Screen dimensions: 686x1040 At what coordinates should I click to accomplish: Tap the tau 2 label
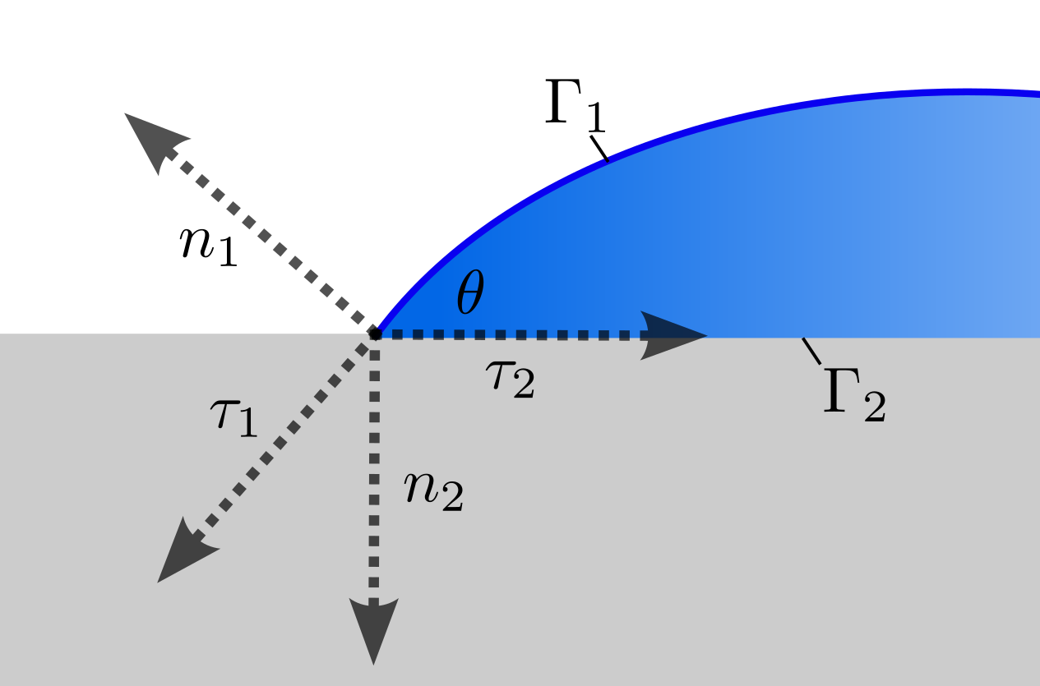[x=510, y=379]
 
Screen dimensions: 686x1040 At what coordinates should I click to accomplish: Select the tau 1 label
[x=234, y=417]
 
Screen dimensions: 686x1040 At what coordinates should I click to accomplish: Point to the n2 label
[x=433, y=491]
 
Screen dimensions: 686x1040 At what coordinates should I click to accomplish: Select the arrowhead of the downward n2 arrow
[x=374, y=628]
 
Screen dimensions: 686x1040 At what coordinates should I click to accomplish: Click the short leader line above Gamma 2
[x=811, y=351]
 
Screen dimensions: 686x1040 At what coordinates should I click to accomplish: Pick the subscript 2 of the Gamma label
[x=874, y=408]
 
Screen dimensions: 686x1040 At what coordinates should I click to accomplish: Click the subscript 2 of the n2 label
[x=451, y=500]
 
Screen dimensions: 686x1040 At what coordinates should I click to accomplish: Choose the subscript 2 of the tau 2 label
[x=523, y=386]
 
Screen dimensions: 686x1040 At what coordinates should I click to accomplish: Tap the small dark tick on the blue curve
[x=608, y=159]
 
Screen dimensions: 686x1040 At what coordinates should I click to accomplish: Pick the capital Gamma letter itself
[x=840, y=392]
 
